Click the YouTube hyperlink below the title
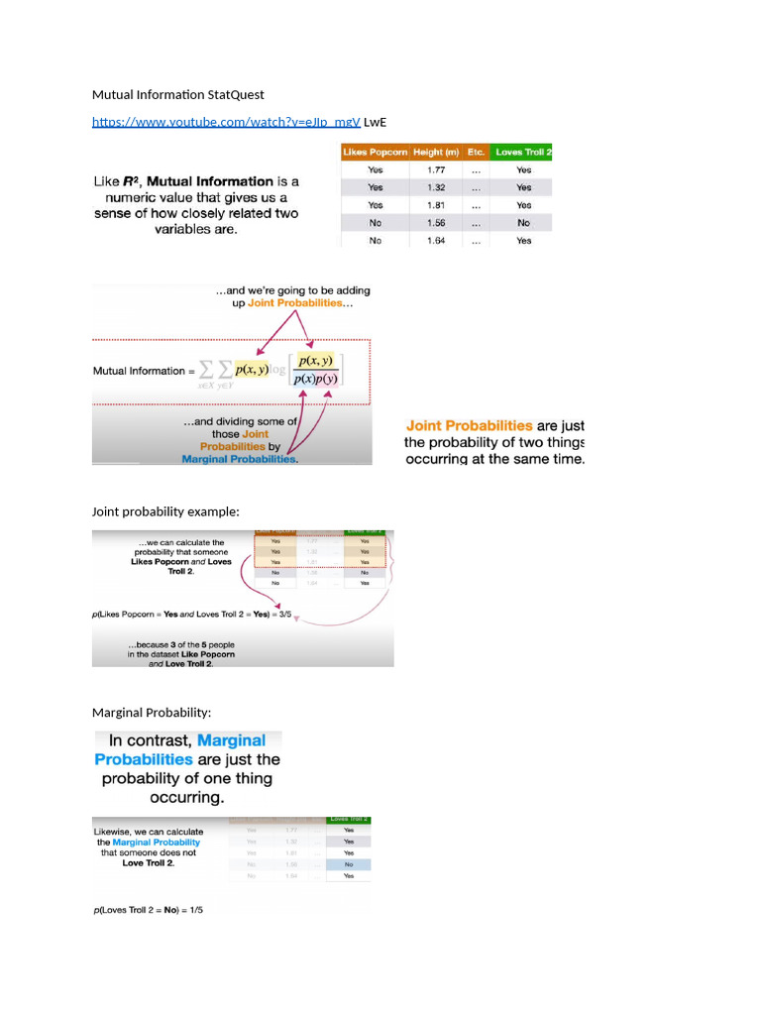tap(226, 122)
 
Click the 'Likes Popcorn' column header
tap(375, 152)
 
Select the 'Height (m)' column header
tap(436, 152)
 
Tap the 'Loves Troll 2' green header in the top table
tap(523, 152)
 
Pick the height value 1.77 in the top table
tap(436, 169)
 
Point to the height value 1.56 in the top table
tap(436, 223)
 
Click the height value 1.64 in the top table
tap(436, 240)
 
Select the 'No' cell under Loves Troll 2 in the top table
tap(523, 223)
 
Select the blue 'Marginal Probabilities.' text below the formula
tap(240, 459)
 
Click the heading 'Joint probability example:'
tap(165, 511)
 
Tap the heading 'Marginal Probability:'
tap(152, 713)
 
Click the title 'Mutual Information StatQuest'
tap(178, 95)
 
